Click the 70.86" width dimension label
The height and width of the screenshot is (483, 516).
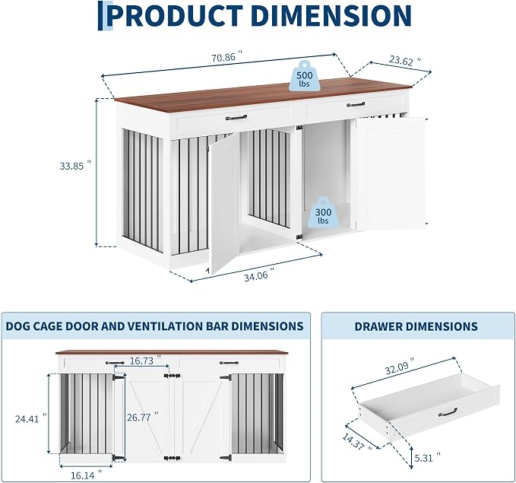pyautogui.click(x=227, y=57)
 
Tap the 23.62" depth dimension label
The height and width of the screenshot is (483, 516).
pyautogui.click(x=405, y=61)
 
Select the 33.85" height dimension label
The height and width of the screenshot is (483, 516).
pyautogui.click(x=75, y=165)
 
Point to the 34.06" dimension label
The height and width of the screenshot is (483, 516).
pyautogui.click(x=259, y=275)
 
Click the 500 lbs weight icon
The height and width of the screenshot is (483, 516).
pyautogui.click(x=305, y=76)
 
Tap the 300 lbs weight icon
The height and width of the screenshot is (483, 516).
pyautogui.click(x=323, y=212)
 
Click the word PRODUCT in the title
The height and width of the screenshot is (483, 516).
pyautogui.click(x=175, y=15)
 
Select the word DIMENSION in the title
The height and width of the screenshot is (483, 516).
pyautogui.click(x=331, y=15)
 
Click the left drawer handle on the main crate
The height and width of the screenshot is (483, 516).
pyautogui.click(x=236, y=117)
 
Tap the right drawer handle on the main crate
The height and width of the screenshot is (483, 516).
pyautogui.click(x=356, y=104)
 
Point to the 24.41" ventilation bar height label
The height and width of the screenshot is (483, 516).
pyautogui.click(x=31, y=419)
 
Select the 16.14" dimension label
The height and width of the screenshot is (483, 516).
pyautogui.click(x=86, y=475)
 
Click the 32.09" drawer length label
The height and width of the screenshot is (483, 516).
pyautogui.click(x=400, y=367)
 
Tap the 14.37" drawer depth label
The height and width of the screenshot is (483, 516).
pyautogui.click(x=357, y=441)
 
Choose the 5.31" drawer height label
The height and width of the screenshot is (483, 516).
pyautogui.click(x=428, y=457)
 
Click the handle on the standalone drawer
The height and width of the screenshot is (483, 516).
pyautogui.click(x=448, y=412)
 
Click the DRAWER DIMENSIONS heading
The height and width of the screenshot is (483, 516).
pyautogui.click(x=416, y=326)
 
